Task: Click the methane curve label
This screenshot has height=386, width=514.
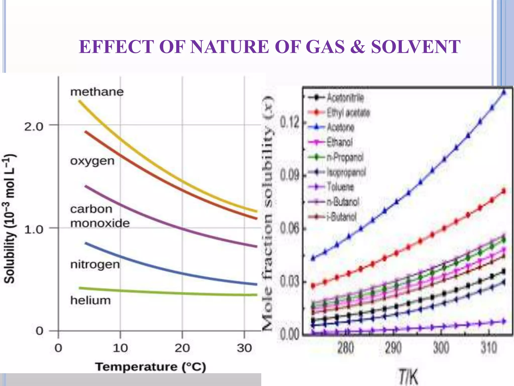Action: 97,92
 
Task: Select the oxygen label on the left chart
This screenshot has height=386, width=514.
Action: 92,161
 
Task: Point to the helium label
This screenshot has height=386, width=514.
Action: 90,301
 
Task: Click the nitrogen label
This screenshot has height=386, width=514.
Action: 95,265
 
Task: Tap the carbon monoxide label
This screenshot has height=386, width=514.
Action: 100,216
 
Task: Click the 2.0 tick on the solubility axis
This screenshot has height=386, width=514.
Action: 34,127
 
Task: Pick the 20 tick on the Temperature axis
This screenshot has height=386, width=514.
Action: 182,348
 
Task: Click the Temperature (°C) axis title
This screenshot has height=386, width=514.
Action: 151,367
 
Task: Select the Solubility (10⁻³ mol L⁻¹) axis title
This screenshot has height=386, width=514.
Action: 10,219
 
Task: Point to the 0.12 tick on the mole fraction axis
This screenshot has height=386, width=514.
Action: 290,123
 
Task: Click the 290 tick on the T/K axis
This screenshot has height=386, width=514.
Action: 393,348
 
